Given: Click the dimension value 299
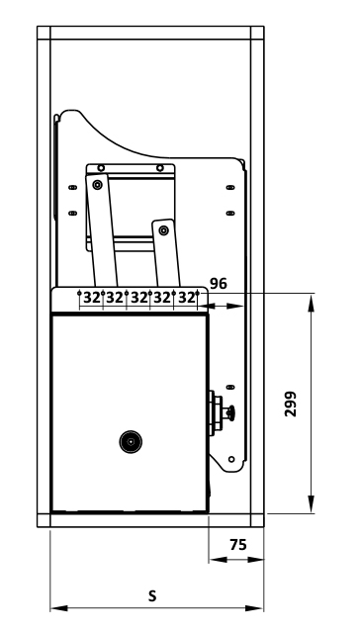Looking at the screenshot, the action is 290,404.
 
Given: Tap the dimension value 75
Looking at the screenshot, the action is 238,545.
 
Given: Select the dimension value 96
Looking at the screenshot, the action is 219,284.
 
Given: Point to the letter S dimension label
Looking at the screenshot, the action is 152,595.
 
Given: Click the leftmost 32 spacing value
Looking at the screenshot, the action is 92,298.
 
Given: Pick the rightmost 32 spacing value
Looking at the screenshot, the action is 187,298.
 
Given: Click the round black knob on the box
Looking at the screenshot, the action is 131,442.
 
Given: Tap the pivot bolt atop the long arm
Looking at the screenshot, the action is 97,185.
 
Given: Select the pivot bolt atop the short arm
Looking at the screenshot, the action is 163,230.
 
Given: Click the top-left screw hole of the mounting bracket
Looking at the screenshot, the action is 101,168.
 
